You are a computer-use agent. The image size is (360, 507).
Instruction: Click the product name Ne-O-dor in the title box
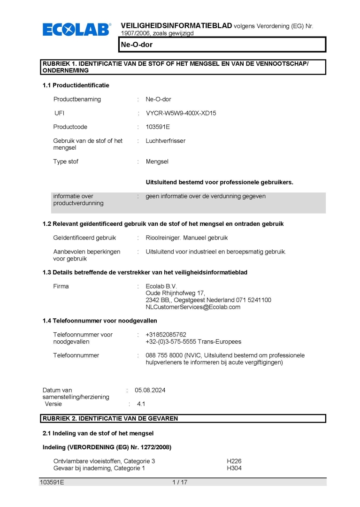137,45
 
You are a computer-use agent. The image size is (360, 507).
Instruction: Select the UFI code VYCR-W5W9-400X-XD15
181,113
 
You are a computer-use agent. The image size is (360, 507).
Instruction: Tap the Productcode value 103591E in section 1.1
158,127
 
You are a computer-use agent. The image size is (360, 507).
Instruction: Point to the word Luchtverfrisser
165,141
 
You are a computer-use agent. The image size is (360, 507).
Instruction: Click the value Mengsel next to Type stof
157,161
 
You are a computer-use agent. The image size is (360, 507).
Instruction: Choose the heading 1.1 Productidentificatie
76,85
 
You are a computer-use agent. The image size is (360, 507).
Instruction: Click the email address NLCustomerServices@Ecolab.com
193,307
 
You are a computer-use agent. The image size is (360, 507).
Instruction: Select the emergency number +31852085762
166,335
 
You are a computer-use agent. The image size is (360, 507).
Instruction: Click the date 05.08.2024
150,390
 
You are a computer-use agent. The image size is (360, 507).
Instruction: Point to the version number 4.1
141,404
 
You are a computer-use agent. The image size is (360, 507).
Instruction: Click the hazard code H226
234,461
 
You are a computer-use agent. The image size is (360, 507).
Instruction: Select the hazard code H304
234,468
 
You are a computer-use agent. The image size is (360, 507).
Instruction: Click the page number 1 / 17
180,482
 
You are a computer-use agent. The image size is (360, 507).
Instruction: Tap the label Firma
61,286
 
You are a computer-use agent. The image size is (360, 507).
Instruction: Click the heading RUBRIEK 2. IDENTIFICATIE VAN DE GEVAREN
110,418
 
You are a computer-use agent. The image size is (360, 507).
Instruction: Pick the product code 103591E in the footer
52,482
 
